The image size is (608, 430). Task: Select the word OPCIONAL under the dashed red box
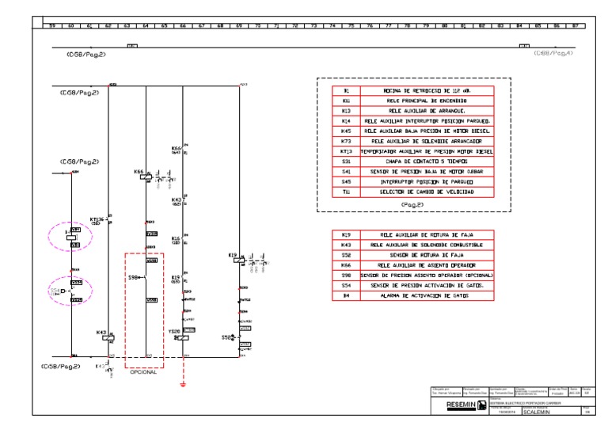coord(144,372)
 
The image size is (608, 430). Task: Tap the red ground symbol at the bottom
coord(183,385)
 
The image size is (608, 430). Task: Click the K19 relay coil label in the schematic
coord(233,255)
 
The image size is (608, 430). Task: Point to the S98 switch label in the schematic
coord(133,277)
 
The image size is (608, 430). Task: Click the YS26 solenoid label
coord(174,331)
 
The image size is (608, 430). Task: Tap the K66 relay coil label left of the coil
coord(139,171)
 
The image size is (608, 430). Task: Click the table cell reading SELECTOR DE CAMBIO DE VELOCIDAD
coord(427,192)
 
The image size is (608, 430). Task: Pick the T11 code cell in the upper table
coord(346,192)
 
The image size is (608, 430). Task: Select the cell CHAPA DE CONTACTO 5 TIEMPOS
coord(427,162)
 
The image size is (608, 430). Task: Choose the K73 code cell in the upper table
coord(346,141)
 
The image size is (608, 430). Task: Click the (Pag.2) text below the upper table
coord(412,204)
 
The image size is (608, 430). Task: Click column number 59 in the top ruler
coord(52,25)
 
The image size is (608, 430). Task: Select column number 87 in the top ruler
coord(577,25)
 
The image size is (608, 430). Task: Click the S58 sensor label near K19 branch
coord(227,338)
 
